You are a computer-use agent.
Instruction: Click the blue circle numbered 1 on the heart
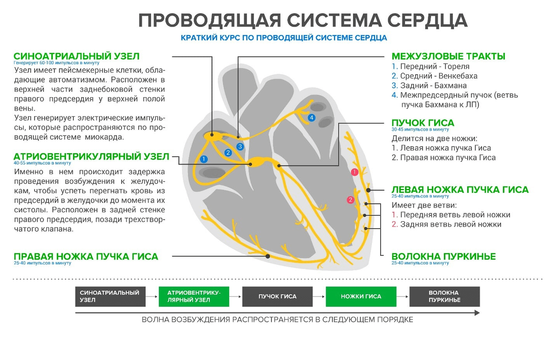coord(204,159)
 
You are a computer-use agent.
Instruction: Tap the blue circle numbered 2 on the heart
coord(228,153)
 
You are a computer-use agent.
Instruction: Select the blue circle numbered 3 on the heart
coord(240,147)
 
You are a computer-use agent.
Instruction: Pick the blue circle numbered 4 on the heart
coord(312,118)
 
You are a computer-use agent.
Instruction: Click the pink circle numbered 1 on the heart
coord(354,172)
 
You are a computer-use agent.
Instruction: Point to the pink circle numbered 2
coord(351,200)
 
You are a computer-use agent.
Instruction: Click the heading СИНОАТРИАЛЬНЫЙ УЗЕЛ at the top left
coord(76,56)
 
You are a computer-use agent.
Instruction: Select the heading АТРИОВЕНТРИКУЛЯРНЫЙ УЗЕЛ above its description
coord(91,156)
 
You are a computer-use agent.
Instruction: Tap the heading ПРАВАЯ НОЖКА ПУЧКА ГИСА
coord(86,257)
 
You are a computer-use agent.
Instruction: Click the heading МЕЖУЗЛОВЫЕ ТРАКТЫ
coord(448,56)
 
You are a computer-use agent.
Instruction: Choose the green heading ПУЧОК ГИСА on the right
coord(423,123)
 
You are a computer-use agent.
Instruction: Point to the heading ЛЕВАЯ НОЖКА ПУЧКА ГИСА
coord(460,190)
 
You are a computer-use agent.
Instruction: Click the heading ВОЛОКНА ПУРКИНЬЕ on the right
coord(443,257)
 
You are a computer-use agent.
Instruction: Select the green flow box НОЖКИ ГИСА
coord(361,296)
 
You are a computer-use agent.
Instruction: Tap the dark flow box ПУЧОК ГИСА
coord(277,296)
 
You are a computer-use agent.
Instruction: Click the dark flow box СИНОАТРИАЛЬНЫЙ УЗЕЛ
coord(110,296)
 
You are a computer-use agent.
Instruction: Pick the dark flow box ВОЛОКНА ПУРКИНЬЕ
coord(444,296)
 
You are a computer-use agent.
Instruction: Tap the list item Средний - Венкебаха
coord(438,76)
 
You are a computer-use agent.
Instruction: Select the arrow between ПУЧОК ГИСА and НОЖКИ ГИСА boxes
coord(319,296)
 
